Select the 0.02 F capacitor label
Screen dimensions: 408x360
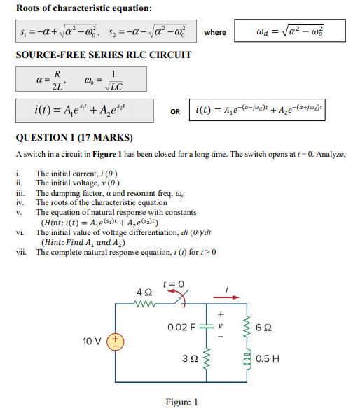tap(183, 327)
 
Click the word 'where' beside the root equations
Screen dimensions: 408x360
tap(215, 32)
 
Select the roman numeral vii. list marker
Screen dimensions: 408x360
tap(20, 252)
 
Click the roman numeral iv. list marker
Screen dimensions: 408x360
tap(20, 202)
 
